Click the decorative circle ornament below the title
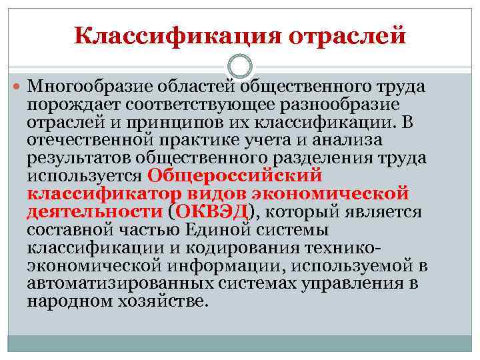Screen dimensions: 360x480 pos(240,67)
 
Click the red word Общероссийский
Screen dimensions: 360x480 pos(234,176)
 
